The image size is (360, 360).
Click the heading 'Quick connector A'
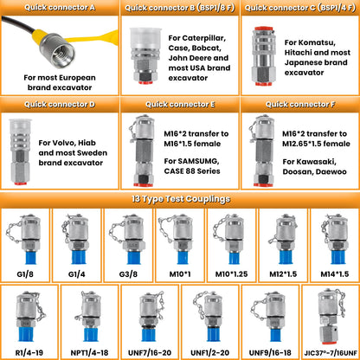pos(60,8)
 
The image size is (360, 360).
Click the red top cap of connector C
pos(263,29)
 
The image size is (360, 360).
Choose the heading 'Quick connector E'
pos(180,105)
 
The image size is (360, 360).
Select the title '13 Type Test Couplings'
pos(181,199)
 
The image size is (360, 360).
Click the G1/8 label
pos(25,274)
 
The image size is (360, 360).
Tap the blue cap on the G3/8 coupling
pos(134,257)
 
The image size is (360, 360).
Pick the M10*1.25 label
pos(231,274)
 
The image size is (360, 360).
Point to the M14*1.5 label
pos(335,274)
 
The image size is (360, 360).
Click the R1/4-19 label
pos(29,352)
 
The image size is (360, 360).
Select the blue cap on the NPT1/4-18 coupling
pos(91,334)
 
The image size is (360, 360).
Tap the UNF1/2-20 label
pos(210,352)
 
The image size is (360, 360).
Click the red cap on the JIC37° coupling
pos(329,343)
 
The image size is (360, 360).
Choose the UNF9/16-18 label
pos(270,352)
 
